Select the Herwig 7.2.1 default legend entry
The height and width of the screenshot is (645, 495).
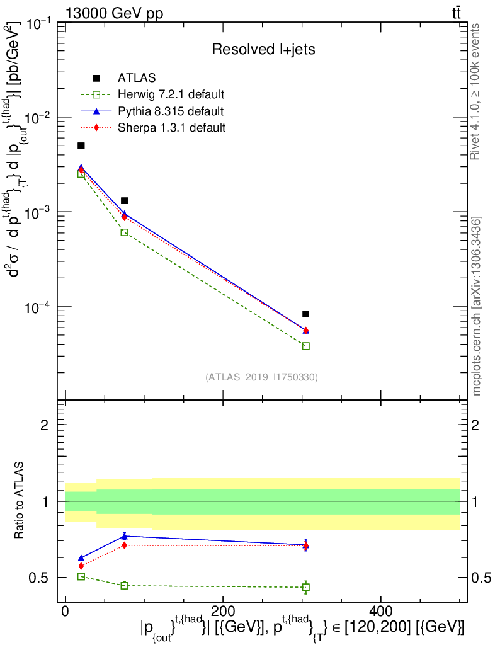(171, 95)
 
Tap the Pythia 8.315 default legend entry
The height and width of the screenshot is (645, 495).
(170, 111)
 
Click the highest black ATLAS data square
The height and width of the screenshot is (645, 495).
(81, 146)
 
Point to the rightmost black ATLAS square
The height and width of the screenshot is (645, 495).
(305, 314)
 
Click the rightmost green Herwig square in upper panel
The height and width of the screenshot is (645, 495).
(306, 346)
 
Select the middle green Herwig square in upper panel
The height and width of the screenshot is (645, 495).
(124, 232)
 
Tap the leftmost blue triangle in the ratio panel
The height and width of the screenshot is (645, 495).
(81, 558)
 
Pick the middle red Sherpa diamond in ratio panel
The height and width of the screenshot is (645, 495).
(124, 545)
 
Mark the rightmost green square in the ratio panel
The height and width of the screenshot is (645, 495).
(306, 587)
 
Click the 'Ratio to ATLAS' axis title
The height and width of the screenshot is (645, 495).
(20, 501)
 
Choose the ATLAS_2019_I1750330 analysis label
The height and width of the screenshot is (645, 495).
(261, 377)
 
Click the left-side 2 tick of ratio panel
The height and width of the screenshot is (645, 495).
(44, 425)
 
